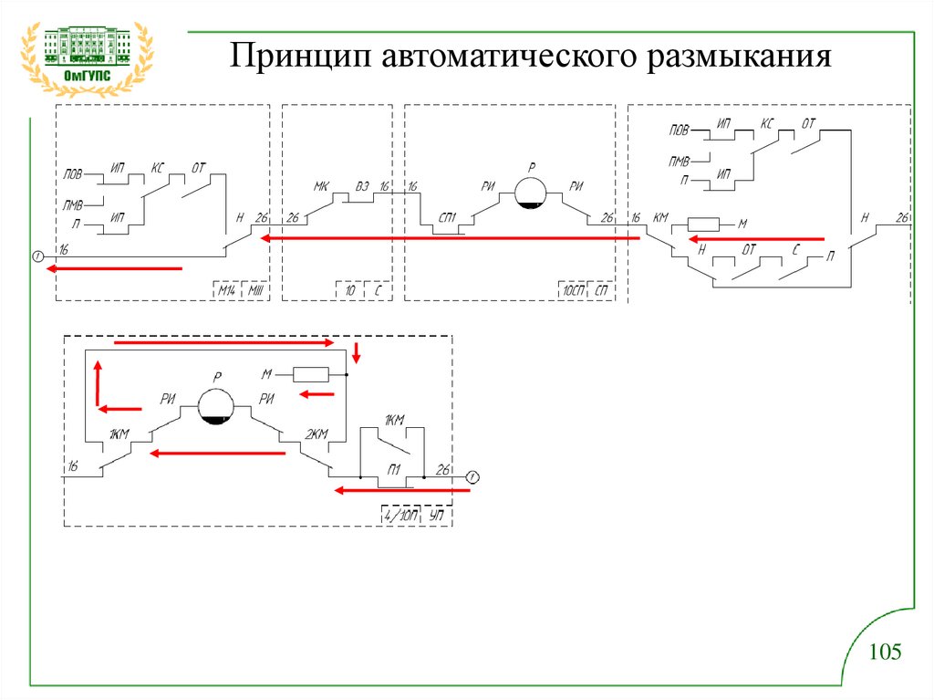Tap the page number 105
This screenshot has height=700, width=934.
coord(885,652)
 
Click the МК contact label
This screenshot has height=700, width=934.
coord(321,186)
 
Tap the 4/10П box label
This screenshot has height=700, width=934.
coord(400,516)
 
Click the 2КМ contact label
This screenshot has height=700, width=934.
coord(315,434)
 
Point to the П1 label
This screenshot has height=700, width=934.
coord(394,468)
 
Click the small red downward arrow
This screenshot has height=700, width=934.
coord(357,351)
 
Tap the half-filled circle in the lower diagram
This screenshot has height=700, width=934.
coord(216,406)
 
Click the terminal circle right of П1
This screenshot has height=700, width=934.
coord(472,476)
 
